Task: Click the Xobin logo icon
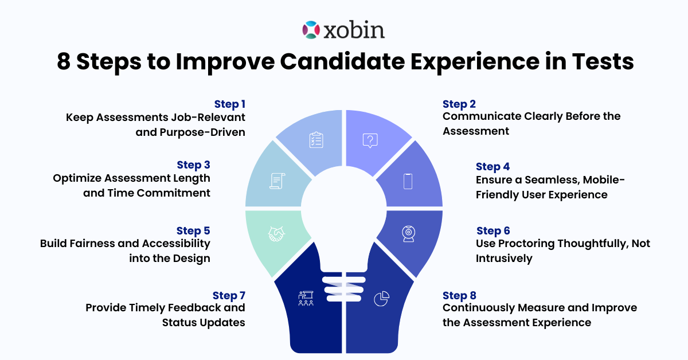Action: coord(310,30)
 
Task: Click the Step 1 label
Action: coord(230,104)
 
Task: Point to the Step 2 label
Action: coord(459,104)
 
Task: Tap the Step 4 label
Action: coord(492,166)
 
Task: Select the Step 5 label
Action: coord(193,230)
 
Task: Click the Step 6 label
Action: coord(493,230)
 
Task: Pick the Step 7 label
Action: coord(229,295)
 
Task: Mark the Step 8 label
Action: coord(459,295)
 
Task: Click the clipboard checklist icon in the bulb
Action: coord(316,140)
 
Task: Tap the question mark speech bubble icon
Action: coord(371,140)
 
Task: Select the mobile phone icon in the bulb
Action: coord(408,181)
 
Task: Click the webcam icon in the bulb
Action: coord(408,233)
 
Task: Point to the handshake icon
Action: coord(277,234)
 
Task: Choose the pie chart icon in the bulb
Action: coord(381,298)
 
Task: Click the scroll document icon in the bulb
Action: coord(277,181)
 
